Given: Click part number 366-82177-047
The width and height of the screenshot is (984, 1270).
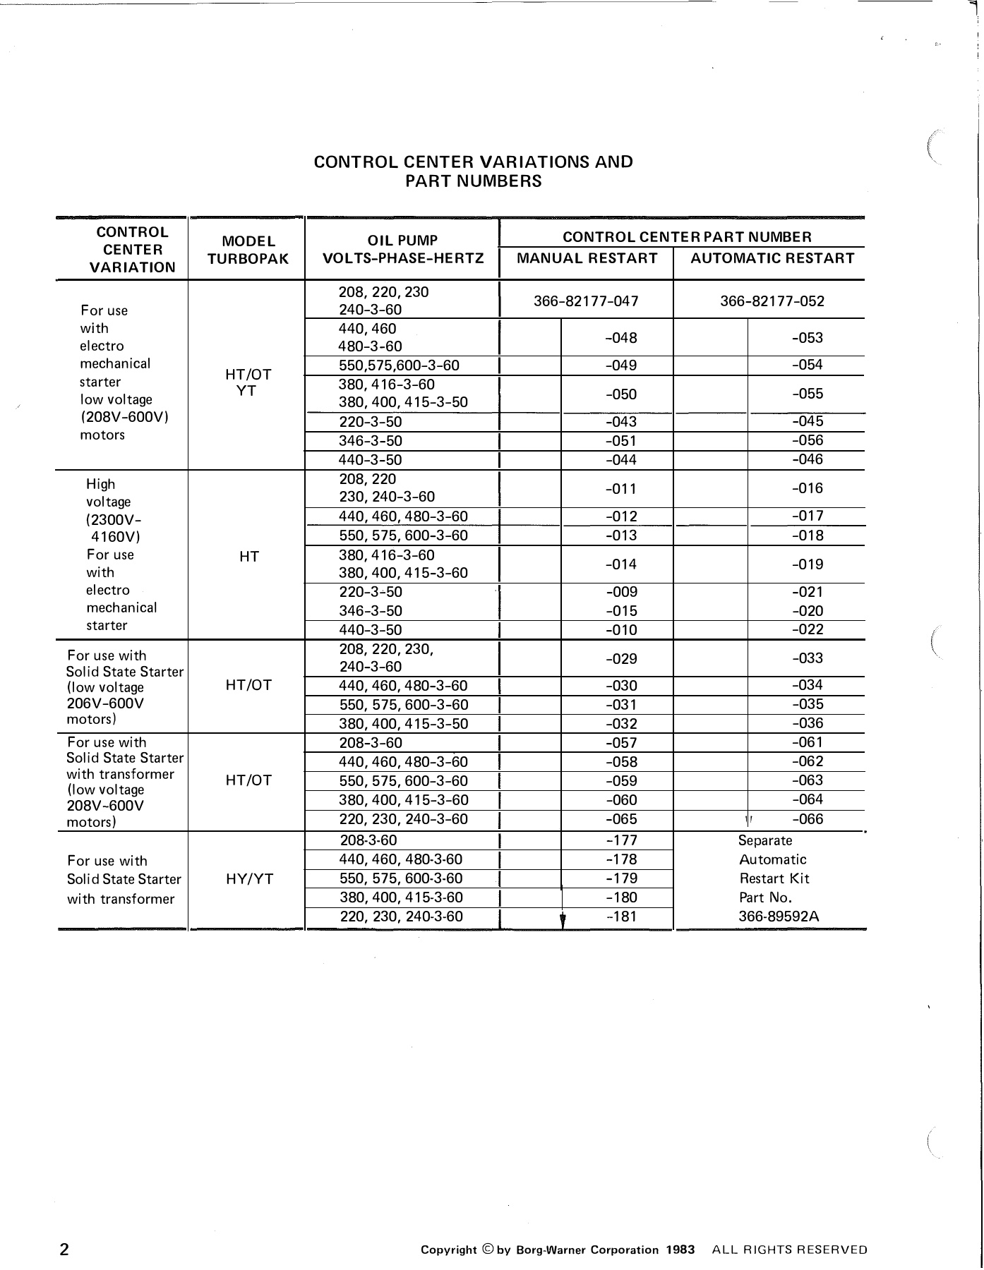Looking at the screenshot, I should pos(586,301).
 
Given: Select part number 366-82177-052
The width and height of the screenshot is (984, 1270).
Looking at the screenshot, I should pos(772,301).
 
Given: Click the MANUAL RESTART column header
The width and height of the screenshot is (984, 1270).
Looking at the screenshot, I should pos(587,258).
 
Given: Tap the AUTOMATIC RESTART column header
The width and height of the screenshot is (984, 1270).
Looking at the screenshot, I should pos(772,258).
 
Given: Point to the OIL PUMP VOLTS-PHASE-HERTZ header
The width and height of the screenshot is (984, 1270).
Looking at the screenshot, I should pos(403,249).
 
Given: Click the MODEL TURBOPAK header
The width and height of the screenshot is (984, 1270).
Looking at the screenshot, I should pos(248,250).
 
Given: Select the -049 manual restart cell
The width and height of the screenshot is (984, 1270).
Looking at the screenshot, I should pos(621,365).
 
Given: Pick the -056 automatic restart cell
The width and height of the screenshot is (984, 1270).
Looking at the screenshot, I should pos(808,440).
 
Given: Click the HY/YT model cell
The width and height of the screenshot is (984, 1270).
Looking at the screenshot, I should pos(248,879).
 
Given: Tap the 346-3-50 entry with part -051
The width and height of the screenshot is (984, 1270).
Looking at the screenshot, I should pos(371,441).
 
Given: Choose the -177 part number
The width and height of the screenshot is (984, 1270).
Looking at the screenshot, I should pos(621,840).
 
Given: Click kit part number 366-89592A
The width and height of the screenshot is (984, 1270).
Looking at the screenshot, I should pos(779,917).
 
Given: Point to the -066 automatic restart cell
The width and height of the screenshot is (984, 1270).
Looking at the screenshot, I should pos(808,819).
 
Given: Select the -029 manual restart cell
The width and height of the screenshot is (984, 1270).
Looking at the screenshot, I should pos(621,658).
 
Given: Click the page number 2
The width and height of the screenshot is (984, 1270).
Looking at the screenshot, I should pos(64,1250).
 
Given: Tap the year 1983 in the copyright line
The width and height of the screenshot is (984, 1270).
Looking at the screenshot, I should pos(680,1250).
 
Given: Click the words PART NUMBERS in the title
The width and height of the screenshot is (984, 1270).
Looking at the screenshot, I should pos(473,181).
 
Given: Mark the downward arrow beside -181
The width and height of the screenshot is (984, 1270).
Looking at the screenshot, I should pos(562,920).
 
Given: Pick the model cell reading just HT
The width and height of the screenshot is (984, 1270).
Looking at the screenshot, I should pos(248,557).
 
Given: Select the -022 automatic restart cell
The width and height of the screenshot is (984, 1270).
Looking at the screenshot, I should pos(808,629).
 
